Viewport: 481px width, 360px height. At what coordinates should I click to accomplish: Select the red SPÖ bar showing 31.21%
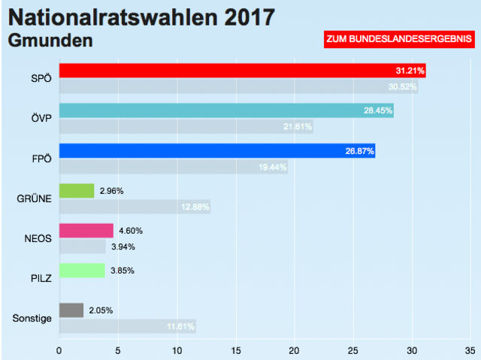[x=242, y=71]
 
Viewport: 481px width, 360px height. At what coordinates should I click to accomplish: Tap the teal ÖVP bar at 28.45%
[x=226, y=111]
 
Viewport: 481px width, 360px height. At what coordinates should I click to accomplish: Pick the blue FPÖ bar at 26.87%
[x=216, y=151]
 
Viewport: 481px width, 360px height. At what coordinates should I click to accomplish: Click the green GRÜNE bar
[x=77, y=191]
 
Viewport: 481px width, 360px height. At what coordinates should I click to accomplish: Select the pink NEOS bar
[x=86, y=231]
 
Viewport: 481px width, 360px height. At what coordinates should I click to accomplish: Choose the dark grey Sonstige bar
[x=71, y=310]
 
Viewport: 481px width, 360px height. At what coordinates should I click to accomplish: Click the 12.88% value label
[x=195, y=207]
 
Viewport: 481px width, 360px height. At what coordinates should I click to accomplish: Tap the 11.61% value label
[x=180, y=326]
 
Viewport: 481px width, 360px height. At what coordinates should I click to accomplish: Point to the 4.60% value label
[x=131, y=231]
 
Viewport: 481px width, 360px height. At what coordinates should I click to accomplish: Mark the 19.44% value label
[x=272, y=167]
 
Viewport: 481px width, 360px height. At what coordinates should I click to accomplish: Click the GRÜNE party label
[x=34, y=199]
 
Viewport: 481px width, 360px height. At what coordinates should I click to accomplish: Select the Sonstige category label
[x=32, y=319]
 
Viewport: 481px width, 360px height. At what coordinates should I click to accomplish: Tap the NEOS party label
[x=38, y=239]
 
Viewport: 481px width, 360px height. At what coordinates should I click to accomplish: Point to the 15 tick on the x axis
[x=235, y=349]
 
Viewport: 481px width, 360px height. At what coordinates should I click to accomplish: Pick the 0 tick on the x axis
[x=59, y=349]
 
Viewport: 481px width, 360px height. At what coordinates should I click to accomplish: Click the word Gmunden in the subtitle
[x=50, y=40]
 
